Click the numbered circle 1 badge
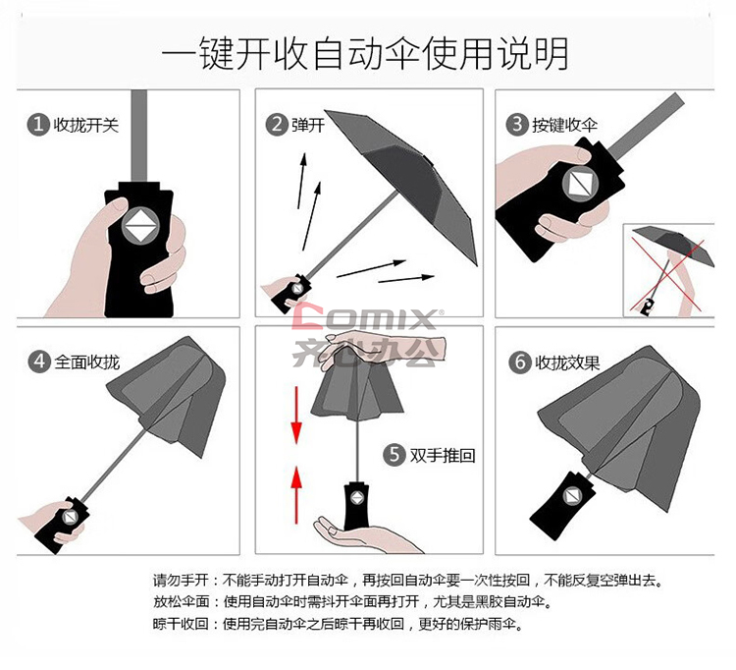(x=38, y=125)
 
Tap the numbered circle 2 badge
(x=277, y=125)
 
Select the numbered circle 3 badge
(x=517, y=125)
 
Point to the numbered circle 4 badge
(x=39, y=362)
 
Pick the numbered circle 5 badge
(x=394, y=455)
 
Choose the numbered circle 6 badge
(x=520, y=363)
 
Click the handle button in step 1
(x=140, y=226)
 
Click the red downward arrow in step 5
(x=296, y=416)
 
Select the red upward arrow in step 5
(x=296, y=495)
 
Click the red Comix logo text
(x=365, y=317)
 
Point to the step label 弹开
(x=308, y=125)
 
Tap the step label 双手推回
(x=443, y=455)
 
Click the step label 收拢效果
(x=567, y=363)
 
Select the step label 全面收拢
(x=86, y=363)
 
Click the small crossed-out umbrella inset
(x=669, y=270)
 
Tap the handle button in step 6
(x=573, y=496)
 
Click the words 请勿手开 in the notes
(x=181, y=581)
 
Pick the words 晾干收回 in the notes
(x=181, y=624)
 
